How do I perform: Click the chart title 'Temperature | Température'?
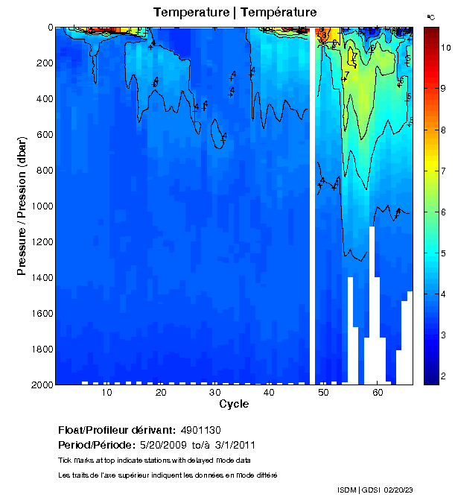[235, 13]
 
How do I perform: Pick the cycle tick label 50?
[323, 393]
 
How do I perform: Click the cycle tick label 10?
[107, 393]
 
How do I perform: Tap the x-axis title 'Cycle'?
[234, 404]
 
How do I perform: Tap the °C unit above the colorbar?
[430, 16]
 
